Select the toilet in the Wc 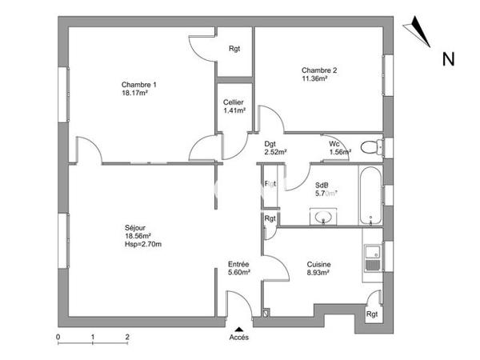coord(370,147)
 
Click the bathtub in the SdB coord(370,195)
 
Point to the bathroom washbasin coord(325,216)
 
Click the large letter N coord(449,58)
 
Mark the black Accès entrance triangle coord(238,328)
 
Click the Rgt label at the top coord(234,49)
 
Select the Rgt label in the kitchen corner coord(372,314)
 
